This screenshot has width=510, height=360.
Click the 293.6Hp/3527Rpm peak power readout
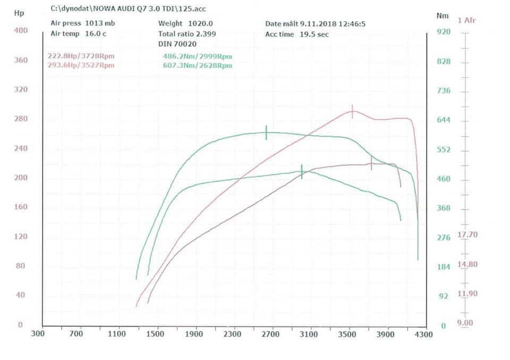(x=81, y=65)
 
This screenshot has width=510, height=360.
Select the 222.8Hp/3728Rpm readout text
(x=81, y=56)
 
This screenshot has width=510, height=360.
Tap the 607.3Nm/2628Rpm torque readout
(x=198, y=65)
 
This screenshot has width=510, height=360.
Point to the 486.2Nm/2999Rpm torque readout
(x=198, y=56)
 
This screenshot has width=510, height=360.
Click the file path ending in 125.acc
(x=128, y=9)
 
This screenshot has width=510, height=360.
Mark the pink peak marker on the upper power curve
(x=352, y=112)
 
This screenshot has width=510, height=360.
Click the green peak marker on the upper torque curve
(x=266, y=133)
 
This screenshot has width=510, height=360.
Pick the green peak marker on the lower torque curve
(x=302, y=172)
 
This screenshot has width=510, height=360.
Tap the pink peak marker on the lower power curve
(x=371, y=163)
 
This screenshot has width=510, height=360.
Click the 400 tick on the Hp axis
(x=21, y=31)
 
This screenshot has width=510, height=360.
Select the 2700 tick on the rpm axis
(x=270, y=334)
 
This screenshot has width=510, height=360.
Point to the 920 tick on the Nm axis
(x=444, y=32)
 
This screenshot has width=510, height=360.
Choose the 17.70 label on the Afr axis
(x=467, y=235)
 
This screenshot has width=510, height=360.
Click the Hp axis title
(x=19, y=13)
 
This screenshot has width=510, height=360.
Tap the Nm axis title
(x=443, y=15)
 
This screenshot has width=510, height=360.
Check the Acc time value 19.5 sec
(x=314, y=35)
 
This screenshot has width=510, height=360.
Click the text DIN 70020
(x=177, y=44)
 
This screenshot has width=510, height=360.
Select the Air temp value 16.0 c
(x=96, y=34)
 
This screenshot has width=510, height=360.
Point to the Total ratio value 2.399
(x=206, y=34)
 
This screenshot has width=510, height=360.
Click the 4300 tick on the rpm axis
(x=424, y=334)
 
